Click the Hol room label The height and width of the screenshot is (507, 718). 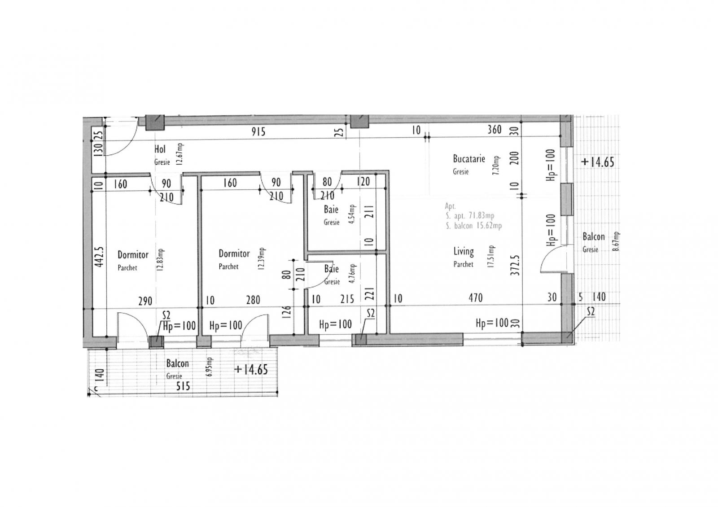160,149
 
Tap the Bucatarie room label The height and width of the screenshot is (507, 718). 468,159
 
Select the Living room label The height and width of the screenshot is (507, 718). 463,251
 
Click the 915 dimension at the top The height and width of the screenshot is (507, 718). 258,131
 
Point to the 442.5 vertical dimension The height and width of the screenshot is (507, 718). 99,257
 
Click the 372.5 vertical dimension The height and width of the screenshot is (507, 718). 515,262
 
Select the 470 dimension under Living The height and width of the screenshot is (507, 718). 476,297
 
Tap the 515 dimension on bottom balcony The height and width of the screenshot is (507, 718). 183,386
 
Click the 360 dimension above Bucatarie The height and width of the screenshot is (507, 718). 494,130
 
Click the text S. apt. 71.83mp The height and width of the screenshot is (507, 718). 470,216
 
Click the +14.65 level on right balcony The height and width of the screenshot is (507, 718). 597,162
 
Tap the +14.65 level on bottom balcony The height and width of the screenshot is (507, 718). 251,369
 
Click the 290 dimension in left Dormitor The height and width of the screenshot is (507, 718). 145,301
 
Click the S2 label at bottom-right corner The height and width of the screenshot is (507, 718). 591,311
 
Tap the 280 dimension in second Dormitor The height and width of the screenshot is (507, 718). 253,300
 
